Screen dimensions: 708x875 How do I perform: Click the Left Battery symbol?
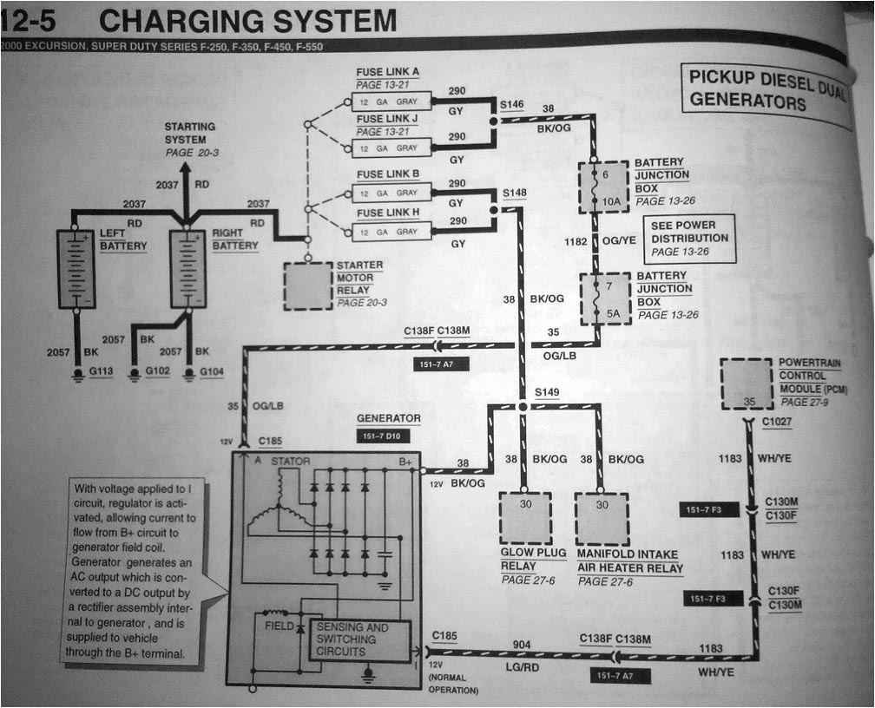[76, 269]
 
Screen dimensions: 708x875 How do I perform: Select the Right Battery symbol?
[188, 269]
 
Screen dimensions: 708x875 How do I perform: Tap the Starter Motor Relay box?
[307, 285]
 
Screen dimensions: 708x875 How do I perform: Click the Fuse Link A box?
[391, 101]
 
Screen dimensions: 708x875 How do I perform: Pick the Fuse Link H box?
[391, 232]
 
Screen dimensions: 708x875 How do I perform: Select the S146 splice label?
[512, 104]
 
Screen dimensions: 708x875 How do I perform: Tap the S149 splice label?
[547, 392]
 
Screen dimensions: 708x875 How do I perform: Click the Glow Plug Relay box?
[524, 519]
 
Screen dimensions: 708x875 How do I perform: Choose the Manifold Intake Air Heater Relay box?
[602, 519]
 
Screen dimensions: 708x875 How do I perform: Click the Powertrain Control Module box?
[746, 384]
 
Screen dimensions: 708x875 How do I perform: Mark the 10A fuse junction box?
[604, 187]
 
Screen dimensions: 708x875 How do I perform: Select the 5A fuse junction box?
[605, 298]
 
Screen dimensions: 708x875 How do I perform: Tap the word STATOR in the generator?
[290, 462]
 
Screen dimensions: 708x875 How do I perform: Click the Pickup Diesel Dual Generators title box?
[764, 91]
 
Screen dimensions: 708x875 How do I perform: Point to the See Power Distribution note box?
[689, 238]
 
